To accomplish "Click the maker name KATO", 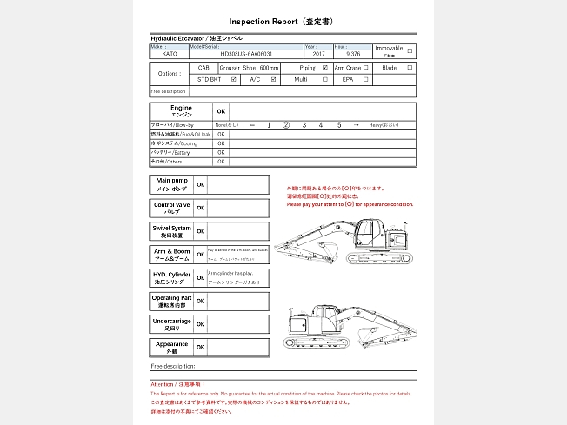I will coord(169,54).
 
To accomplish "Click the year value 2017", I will coord(318,54).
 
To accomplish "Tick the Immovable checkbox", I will coord(410,50).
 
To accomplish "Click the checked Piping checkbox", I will coord(325,67).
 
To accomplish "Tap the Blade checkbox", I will coord(410,67).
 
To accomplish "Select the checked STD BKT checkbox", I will coord(234,79).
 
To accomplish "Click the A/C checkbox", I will coord(274,79).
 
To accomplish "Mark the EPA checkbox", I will coord(366,79).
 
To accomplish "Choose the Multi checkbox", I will coord(325,79).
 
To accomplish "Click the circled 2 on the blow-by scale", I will coord(285,125).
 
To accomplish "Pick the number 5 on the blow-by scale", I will coord(339,125).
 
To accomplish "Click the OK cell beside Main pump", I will coord(201,184).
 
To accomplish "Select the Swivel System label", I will coord(170,231).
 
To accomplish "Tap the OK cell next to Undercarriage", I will coord(201,324).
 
